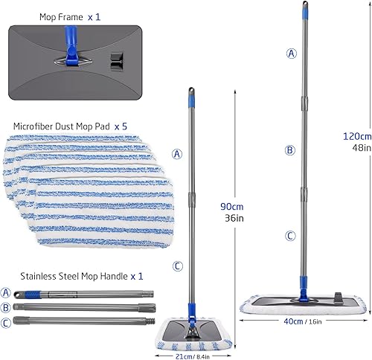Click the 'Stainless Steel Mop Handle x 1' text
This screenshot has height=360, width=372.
point(73,275)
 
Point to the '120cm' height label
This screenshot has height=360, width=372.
point(353,135)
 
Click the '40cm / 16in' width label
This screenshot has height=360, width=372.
point(303,321)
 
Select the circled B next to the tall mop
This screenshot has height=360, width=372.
point(289,150)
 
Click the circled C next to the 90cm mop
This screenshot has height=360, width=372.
point(178,266)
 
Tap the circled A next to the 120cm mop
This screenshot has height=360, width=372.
point(289,53)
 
